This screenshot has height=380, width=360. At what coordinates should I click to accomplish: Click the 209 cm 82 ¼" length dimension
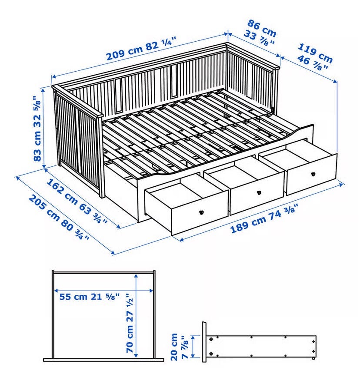click(x=141, y=51)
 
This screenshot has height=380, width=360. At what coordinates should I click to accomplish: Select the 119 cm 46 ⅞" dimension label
click(x=314, y=57)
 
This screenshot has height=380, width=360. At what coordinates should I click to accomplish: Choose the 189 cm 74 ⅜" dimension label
click(x=263, y=219)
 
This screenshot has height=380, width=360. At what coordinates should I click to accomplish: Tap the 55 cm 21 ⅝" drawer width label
click(x=90, y=296)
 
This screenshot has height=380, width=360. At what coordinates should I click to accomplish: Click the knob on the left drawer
click(x=201, y=212)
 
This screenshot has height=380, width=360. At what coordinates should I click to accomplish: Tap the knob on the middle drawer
click(x=259, y=193)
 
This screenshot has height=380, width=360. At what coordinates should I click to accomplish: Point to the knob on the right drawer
click(x=313, y=174)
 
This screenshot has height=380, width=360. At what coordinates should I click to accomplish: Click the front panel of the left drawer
click(x=200, y=213)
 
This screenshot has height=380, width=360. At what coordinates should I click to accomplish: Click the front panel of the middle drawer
click(x=257, y=193)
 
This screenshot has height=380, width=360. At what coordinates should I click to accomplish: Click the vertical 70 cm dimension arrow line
click(x=137, y=315)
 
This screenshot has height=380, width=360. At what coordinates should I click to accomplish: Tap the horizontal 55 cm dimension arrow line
click(x=104, y=291)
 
